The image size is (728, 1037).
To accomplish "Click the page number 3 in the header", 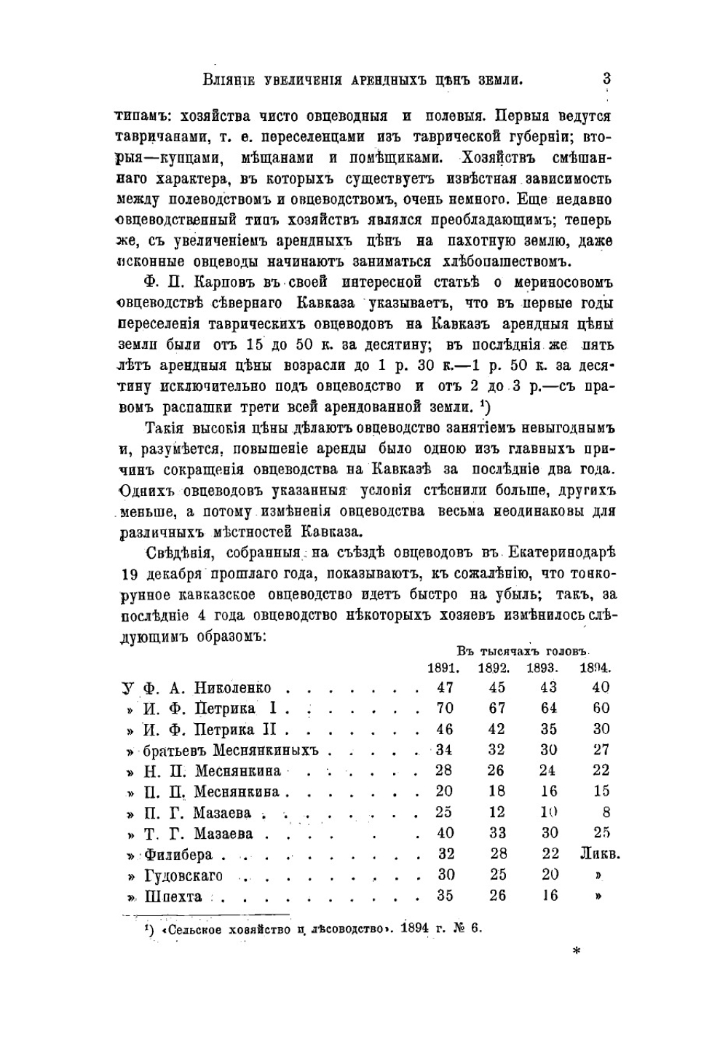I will point(606,79).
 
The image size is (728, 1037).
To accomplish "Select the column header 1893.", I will point(542,668).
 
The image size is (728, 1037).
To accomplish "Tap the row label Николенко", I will point(232,688).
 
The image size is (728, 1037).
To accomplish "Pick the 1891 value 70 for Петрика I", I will point(444,709).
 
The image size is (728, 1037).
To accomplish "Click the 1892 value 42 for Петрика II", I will point(497,730).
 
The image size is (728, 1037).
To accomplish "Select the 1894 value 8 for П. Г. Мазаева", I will point(606,813).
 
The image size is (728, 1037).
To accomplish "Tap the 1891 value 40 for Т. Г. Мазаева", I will point(445,834).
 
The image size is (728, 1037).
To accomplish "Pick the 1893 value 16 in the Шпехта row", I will point(549,896).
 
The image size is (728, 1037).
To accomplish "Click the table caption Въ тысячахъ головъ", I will point(523,650).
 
